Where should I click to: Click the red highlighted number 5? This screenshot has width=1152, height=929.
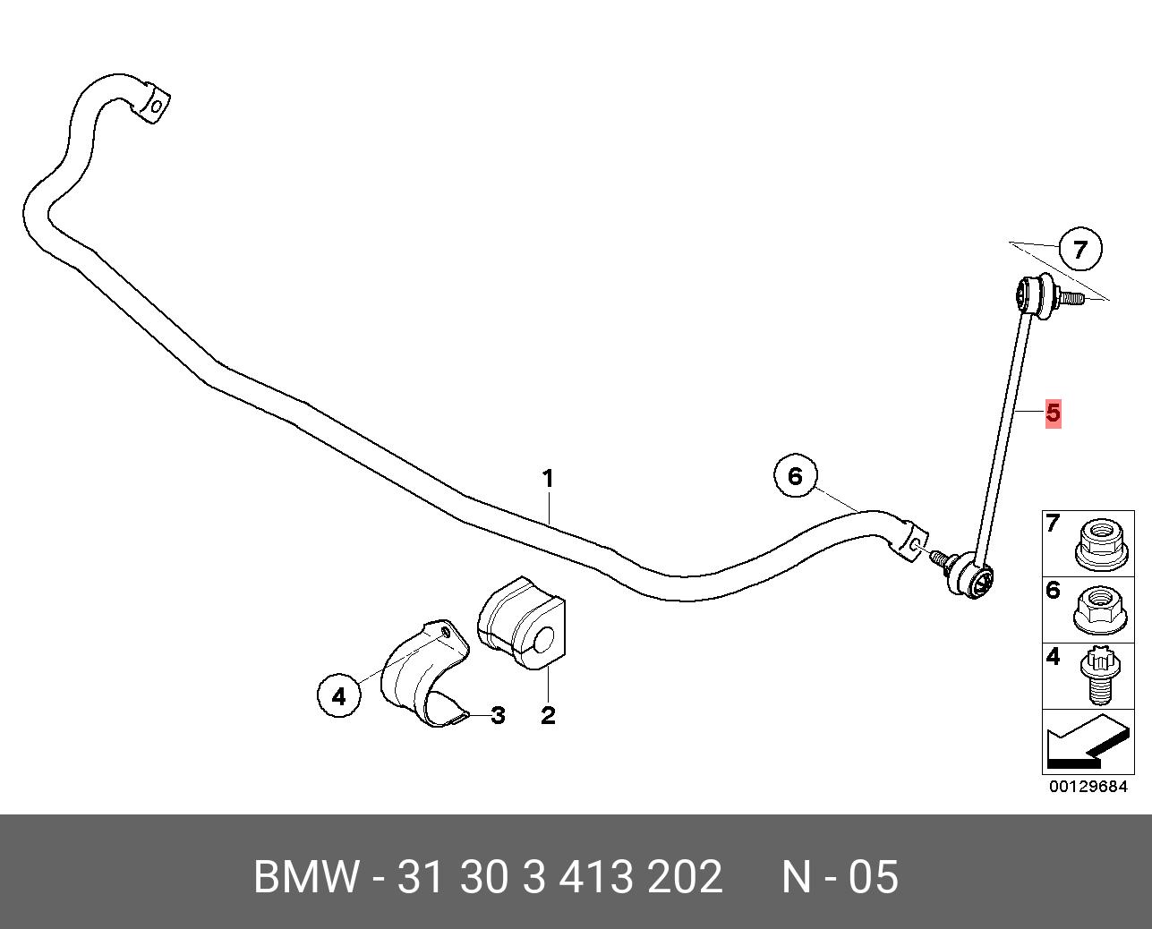pos(1053,413)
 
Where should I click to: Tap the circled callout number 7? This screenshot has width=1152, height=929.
pos(1079,250)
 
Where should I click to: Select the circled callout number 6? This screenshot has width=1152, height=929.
pos(796,477)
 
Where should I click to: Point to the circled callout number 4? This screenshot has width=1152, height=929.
pos(338,695)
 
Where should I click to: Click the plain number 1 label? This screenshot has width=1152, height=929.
pos(548,480)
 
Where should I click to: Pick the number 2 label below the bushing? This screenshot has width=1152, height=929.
pos(548,715)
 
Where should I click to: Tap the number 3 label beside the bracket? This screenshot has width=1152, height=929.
pos(498,715)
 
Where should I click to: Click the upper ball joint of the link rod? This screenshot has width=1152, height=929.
pos(1033,297)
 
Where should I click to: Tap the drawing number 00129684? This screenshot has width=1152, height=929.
pos(1088,787)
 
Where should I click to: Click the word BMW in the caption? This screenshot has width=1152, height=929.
pos(307,877)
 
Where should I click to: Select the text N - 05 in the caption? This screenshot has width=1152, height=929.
pos(840,877)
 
